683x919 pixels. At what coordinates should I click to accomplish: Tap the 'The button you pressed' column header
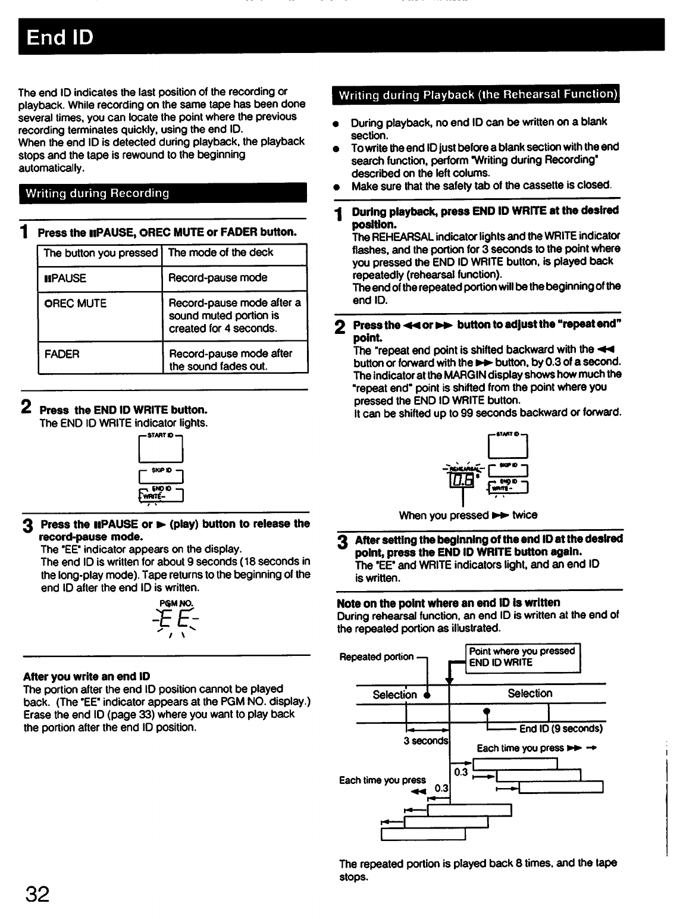coord(100,253)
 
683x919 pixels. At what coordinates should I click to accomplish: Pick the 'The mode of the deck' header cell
coord(221,252)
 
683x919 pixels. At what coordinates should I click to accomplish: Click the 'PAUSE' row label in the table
coord(65,278)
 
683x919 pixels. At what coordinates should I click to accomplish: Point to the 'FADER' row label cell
coord(62,354)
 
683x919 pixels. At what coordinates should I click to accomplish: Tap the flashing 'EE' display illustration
coord(176,623)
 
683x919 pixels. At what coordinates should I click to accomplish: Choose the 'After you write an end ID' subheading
coord(86,676)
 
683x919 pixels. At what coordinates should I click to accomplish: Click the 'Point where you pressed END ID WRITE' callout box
coord(522,657)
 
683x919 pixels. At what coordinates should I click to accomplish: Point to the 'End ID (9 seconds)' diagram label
coord(561,729)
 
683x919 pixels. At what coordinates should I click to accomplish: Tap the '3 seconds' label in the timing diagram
coord(426,741)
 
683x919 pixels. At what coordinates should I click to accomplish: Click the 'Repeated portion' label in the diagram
coord(376,657)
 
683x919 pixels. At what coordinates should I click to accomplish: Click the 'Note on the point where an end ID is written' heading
coord(449,602)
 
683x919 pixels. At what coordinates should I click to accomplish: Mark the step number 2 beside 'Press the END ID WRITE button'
coord(26,408)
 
